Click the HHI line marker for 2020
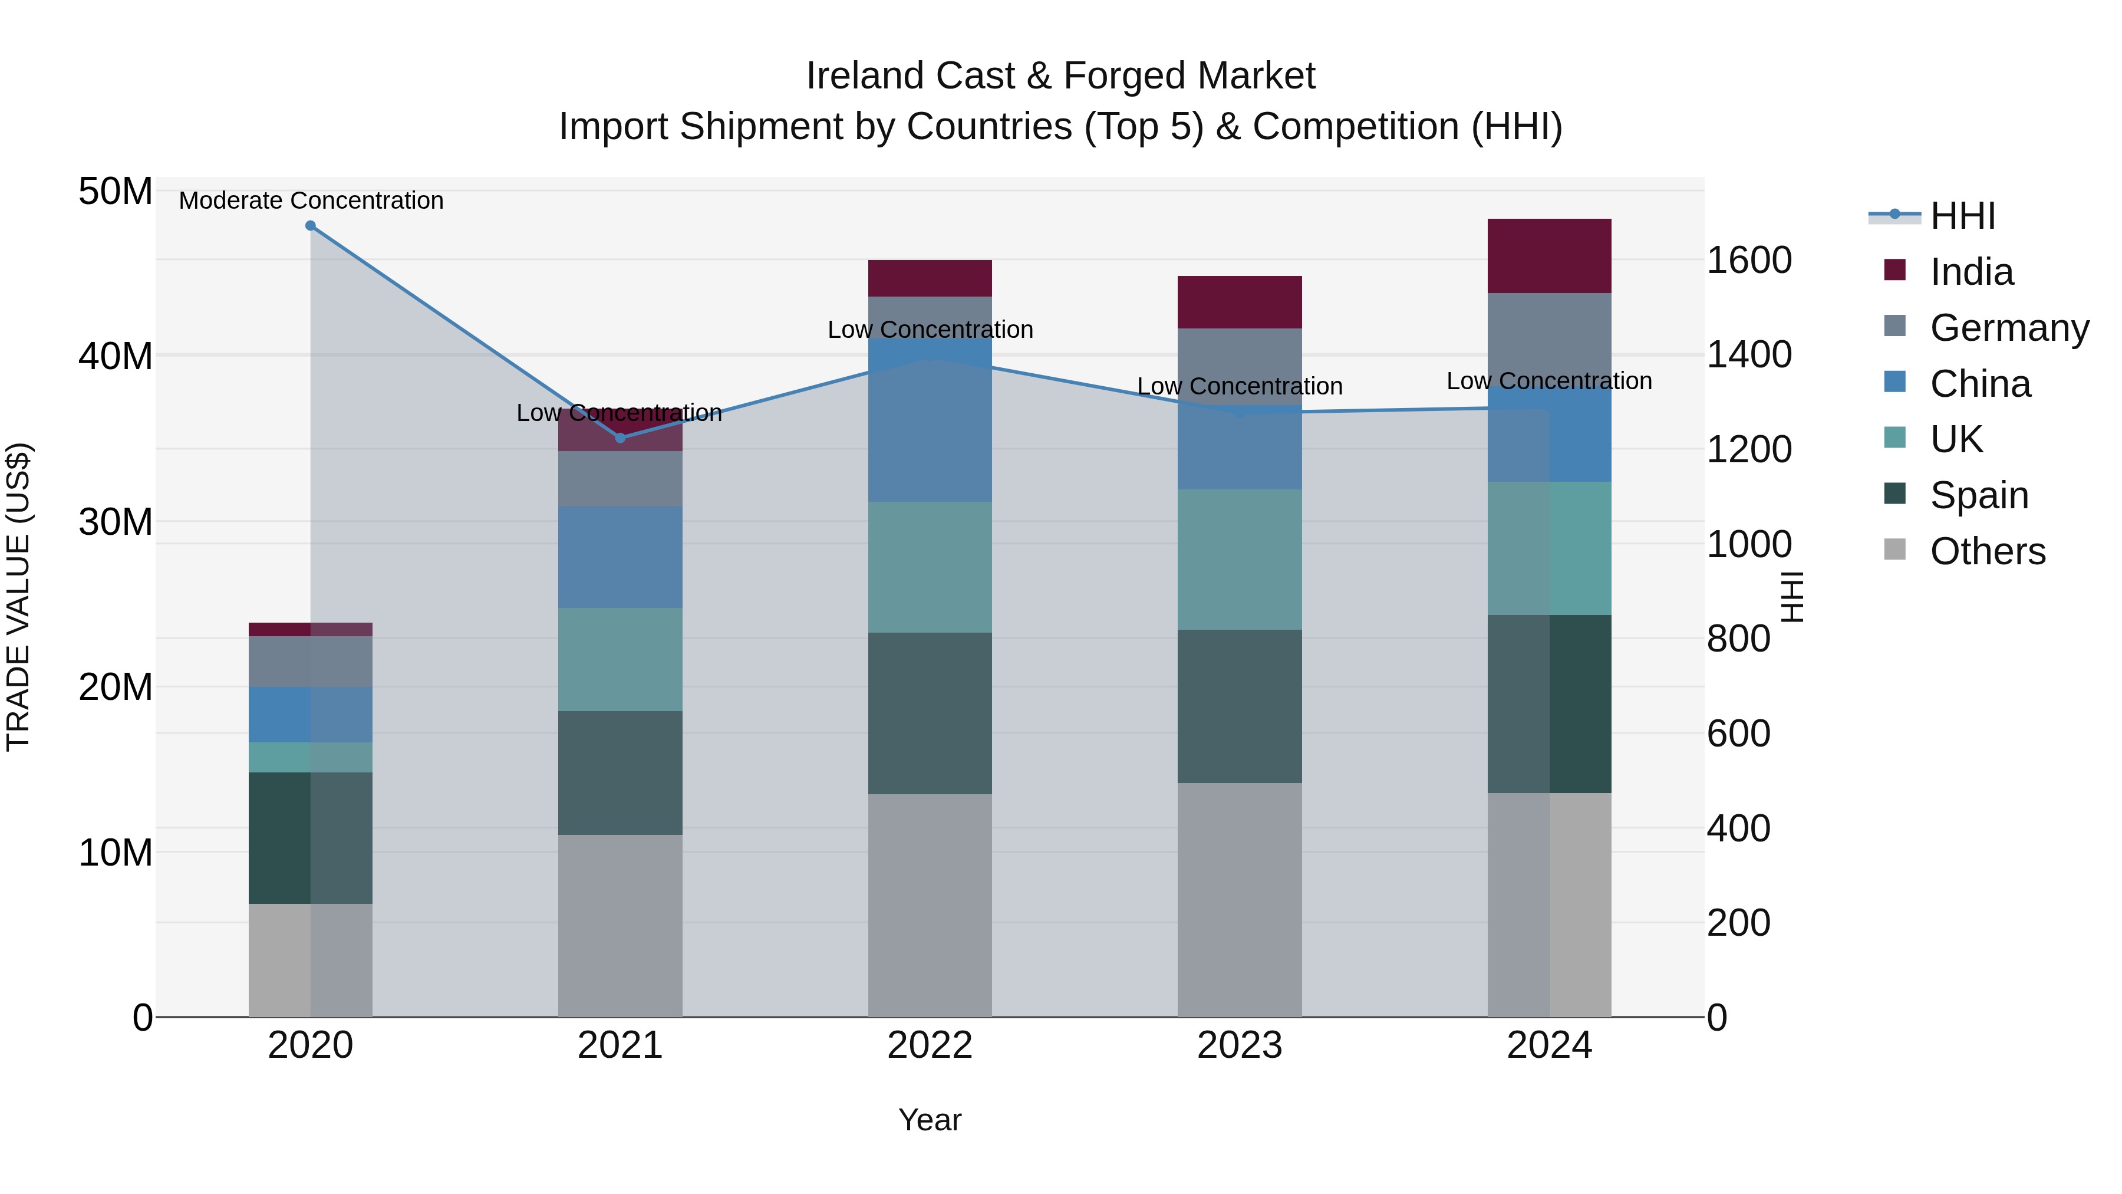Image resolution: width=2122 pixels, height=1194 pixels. point(311,226)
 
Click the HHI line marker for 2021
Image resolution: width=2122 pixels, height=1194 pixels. point(620,438)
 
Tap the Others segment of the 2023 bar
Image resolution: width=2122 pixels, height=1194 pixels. point(1239,900)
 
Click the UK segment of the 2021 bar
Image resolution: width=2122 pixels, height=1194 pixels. point(620,660)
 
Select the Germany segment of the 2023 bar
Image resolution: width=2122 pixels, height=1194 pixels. point(1239,363)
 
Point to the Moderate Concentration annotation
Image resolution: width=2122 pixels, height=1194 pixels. point(311,201)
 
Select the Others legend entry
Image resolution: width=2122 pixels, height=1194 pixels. point(1987,551)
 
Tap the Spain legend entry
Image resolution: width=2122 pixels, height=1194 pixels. point(1979,495)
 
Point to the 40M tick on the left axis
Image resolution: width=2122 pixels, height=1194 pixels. point(116,357)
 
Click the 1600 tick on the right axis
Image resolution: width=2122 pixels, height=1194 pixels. point(1749,261)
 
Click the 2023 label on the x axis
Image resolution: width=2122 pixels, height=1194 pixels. point(1239,1045)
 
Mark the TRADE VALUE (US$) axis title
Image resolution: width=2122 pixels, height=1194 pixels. point(18,597)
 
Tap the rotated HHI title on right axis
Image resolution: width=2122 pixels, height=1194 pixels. point(1791,597)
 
